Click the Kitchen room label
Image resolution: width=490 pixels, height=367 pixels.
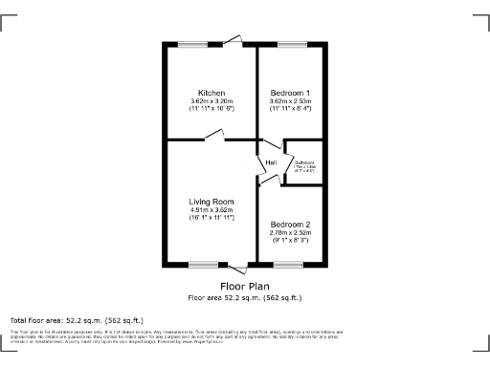pos(212,92)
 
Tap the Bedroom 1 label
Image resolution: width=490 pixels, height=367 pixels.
pos(288,92)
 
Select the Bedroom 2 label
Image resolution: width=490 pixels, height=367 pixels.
pos(288,225)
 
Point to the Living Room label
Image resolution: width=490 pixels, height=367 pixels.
pos(212,202)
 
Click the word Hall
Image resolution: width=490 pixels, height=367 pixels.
pos(271,163)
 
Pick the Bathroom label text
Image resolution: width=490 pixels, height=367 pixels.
pos(304,162)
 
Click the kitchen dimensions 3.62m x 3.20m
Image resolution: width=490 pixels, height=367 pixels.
pos(212,100)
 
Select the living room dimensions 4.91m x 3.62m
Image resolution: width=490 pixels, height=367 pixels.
pos(212,210)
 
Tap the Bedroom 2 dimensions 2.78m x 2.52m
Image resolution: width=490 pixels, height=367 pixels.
pos(288,233)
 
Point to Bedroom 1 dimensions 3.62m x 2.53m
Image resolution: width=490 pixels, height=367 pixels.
pos(288,100)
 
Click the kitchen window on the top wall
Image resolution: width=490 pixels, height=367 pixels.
pos(192,44)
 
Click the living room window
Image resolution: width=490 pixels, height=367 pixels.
pos(202,264)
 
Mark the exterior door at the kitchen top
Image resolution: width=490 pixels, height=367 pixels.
pos(233,41)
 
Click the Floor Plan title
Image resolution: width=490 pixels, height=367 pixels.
pos(244,286)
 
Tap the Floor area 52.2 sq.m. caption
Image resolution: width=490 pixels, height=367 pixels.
pos(244,297)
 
